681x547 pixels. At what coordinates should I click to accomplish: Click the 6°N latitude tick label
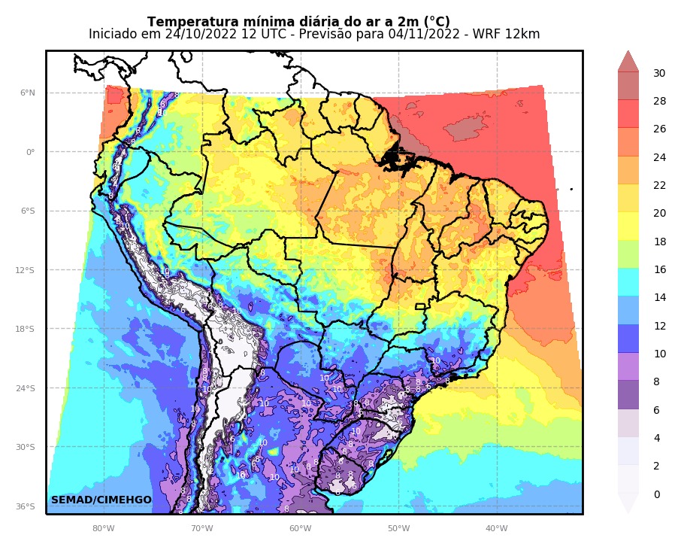click(x=27, y=93)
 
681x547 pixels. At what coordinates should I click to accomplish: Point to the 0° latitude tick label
click(x=30, y=152)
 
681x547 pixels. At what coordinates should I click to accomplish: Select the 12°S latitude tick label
click(x=27, y=270)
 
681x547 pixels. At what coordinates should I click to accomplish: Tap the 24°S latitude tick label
click(x=27, y=388)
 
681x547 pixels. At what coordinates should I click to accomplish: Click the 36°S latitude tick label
click(x=27, y=506)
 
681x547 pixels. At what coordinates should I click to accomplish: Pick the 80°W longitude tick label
click(x=103, y=528)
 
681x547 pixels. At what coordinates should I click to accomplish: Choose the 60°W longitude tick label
click(x=300, y=528)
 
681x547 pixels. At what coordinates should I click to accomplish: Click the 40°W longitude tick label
click(x=497, y=528)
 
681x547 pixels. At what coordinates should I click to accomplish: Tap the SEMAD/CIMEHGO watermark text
click(x=101, y=500)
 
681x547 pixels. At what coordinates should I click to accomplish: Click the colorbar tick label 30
click(x=658, y=73)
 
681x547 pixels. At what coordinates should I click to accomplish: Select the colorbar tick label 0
click(x=656, y=494)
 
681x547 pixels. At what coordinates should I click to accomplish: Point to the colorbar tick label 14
click(x=658, y=298)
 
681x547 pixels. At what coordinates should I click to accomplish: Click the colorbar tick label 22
click(x=658, y=185)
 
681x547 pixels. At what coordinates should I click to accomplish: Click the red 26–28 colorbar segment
click(x=628, y=114)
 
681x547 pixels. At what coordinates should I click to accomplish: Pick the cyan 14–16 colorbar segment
click(x=628, y=282)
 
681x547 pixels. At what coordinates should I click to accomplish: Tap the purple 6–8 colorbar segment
click(x=628, y=395)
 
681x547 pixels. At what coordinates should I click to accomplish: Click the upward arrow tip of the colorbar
click(x=628, y=53)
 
